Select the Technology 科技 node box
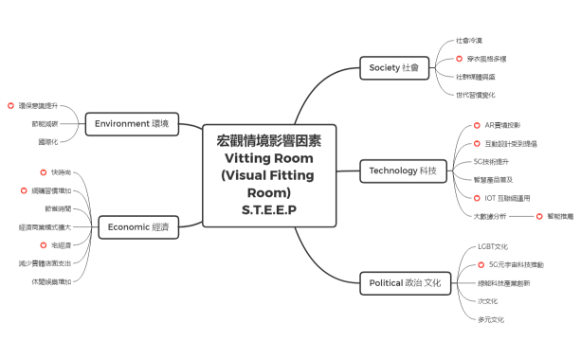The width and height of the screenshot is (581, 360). (x=402, y=171)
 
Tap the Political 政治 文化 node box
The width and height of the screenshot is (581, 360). (x=407, y=282)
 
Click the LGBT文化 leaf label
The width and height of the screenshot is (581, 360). (x=493, y=246)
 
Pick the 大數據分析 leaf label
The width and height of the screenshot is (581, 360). (x=490, y=216)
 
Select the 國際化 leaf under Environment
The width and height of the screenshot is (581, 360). (x=47, y=141)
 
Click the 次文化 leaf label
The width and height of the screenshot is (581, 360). (x=488, y=300)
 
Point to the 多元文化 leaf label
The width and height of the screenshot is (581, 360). (x=491, y=319)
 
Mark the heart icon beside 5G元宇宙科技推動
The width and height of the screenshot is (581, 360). (x=479, y=264)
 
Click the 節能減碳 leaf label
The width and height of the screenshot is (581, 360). (x=45, y=123)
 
